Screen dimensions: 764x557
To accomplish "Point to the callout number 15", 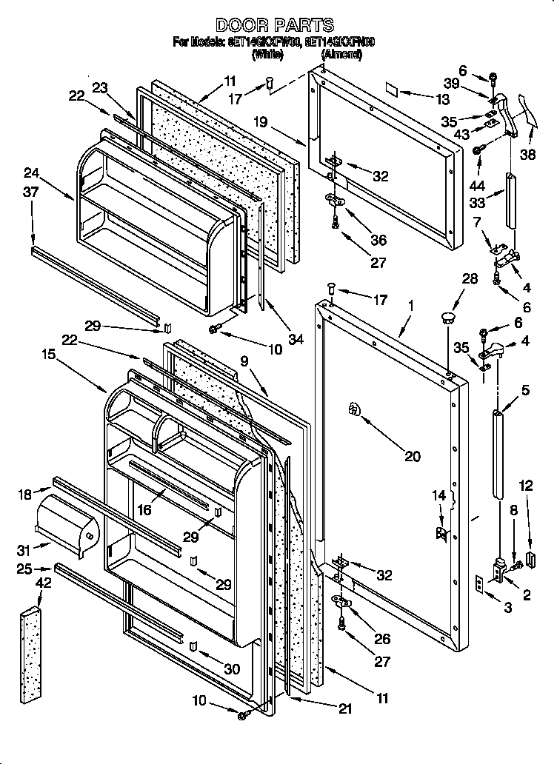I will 48,355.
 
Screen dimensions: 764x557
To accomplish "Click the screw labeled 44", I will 478,150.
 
